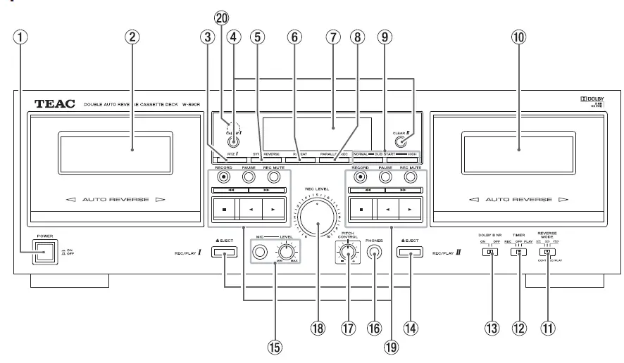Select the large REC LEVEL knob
click(317, 225)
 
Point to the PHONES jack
click(373, 255)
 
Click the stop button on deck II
click(363, 209)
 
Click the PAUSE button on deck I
click(248, 177)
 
